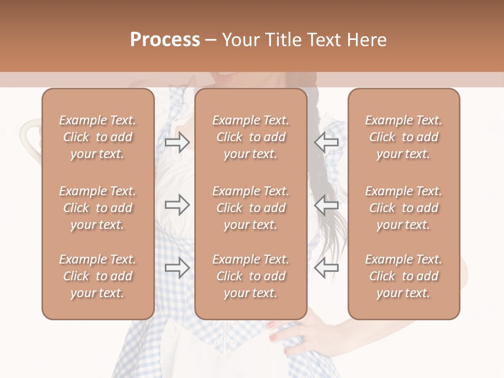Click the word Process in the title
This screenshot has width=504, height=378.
coord(165,40)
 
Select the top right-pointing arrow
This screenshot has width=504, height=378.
coord(177,142)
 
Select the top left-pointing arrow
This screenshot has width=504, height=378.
coord(327,142)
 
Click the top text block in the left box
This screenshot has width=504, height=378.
coord(98,137)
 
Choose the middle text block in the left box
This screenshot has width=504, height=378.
coord(98,208)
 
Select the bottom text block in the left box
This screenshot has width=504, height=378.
coord(98,276)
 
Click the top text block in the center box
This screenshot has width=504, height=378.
coord(251,137)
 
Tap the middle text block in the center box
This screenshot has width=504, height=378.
coord(251,208)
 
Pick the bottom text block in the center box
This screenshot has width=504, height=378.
coord(251,276)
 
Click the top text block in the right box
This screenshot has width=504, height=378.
coord(404,137)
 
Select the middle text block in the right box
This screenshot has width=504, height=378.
coord(404,208)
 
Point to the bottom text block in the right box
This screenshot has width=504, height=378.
coord(404,276)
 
